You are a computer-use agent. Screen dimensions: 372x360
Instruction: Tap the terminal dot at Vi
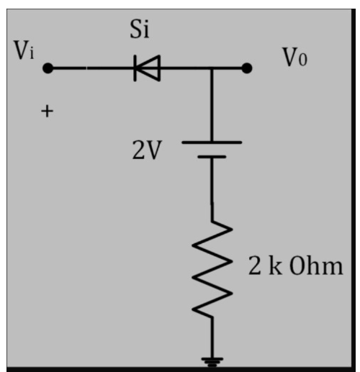[48, 69]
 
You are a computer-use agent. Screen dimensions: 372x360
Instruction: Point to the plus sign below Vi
[48, 112]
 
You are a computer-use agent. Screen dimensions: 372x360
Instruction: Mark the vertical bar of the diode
[135, 69]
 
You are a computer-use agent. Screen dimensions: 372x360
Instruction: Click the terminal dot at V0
[247, 69]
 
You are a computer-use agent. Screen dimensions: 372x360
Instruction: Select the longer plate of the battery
[212, 142]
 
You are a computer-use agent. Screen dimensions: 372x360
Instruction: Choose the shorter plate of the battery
[212, 156]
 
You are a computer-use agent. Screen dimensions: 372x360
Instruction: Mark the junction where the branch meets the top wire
[212, 69]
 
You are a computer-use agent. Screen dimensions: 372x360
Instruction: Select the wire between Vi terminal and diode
[90, 69]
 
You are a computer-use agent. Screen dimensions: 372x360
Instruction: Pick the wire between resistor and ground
[212, 338]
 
